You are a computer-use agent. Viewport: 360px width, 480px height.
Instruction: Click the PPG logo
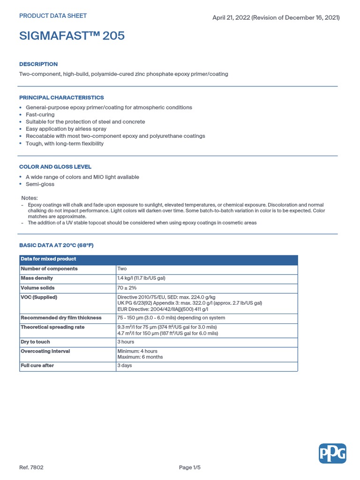pyautogui.click(x=332, y=453)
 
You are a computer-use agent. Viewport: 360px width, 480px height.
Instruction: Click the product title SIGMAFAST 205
pyautogui.click(x=72, y=36)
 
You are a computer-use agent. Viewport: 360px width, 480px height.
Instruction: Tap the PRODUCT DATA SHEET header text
pyautogui.click(x=52, y=16)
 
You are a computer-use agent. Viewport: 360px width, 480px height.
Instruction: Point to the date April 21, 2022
pyautogui.click(x=232, y=18)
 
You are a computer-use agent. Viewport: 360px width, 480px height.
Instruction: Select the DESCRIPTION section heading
pyautogui.click(x=38, y=64)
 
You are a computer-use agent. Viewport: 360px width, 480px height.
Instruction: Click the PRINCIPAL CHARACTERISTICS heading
pyautogui.click(x=61, y=97)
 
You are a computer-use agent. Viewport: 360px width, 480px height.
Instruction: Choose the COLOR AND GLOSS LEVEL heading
pyautogui.click(x=55, y=167)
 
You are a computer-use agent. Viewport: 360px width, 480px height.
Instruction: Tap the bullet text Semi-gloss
pyautogui.click(x=40, y=184)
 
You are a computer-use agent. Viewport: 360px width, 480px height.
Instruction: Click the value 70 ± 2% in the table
pyautogui.click(x=127, y=288)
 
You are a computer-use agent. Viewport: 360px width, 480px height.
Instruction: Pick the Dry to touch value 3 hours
pyautogui.click(x=125, y=342)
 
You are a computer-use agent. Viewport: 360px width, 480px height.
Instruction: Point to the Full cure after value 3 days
pyautogui.click(x=124, y=366)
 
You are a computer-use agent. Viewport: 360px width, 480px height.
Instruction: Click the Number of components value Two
pyautogui.click(x=122, y=269)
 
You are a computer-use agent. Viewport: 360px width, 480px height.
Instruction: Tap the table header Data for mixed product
pyautogui.click(x=48, y=259)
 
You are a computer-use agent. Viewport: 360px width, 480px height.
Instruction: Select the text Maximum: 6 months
pyautogui.click(x=140, y=357)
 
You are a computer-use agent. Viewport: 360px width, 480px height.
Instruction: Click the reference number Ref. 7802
pyautogui.click(x=31, y=467)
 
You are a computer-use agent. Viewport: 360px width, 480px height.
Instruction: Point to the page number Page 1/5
pyautogui.click(x=192, y=467)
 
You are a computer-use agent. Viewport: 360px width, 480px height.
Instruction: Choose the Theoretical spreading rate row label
pyautogui.click(x=52, y=327)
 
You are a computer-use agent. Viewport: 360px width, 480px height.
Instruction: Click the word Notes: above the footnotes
pyautogui.click(x=30, y=198)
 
